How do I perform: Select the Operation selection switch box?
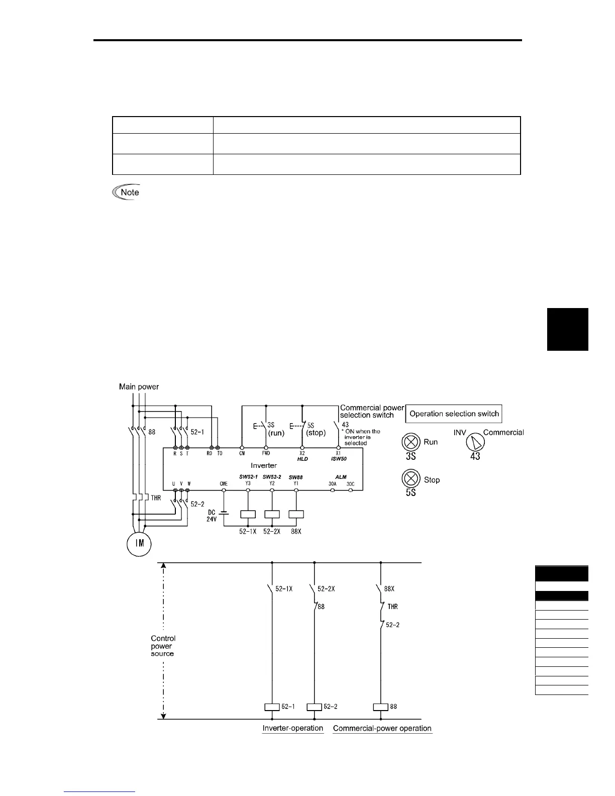tap(454, 414)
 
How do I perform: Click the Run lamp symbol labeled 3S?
tap(411, 442)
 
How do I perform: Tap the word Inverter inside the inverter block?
tap(264, 465)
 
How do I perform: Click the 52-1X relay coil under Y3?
tap(248, 514)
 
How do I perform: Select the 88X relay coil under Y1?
tap(296, 514)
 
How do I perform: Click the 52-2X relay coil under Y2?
tap(272, 514)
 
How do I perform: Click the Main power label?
tap(139, 386)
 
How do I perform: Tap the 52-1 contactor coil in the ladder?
tap(272, 707)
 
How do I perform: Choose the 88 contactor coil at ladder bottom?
tap(380, 707)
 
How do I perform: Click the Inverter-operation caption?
tap(293, 728)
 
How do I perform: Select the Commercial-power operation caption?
tap(382, 728)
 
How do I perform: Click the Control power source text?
tap(163, 646)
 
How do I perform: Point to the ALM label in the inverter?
tap(341, 477)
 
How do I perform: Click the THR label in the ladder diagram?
tap(392, 607)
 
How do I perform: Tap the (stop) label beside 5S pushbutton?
tap(316, 433)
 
